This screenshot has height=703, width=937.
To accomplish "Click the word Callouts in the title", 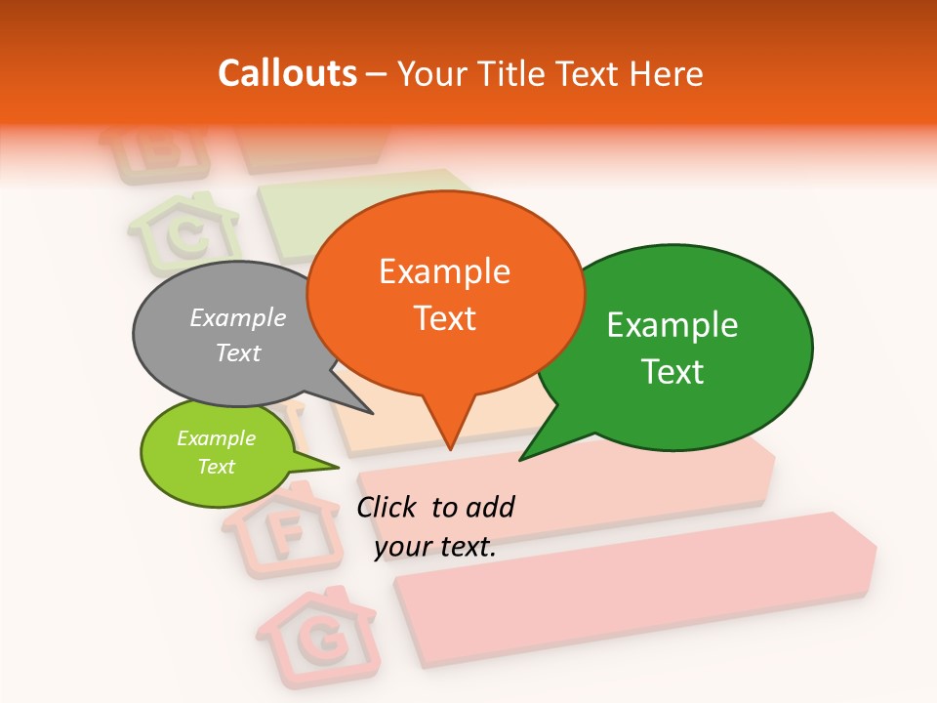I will [287, 73].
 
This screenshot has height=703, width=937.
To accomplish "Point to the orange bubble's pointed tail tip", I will [449, 449].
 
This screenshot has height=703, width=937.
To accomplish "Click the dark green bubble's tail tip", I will [520, 460].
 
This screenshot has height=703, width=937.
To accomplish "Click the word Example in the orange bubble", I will [444, 271].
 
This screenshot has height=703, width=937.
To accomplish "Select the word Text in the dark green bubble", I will [672, 372].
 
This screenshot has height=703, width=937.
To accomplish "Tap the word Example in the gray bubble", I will [238, 317].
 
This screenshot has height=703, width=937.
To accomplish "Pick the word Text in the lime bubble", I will [216, 467].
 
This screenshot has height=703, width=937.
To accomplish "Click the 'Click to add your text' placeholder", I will [435, 527].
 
